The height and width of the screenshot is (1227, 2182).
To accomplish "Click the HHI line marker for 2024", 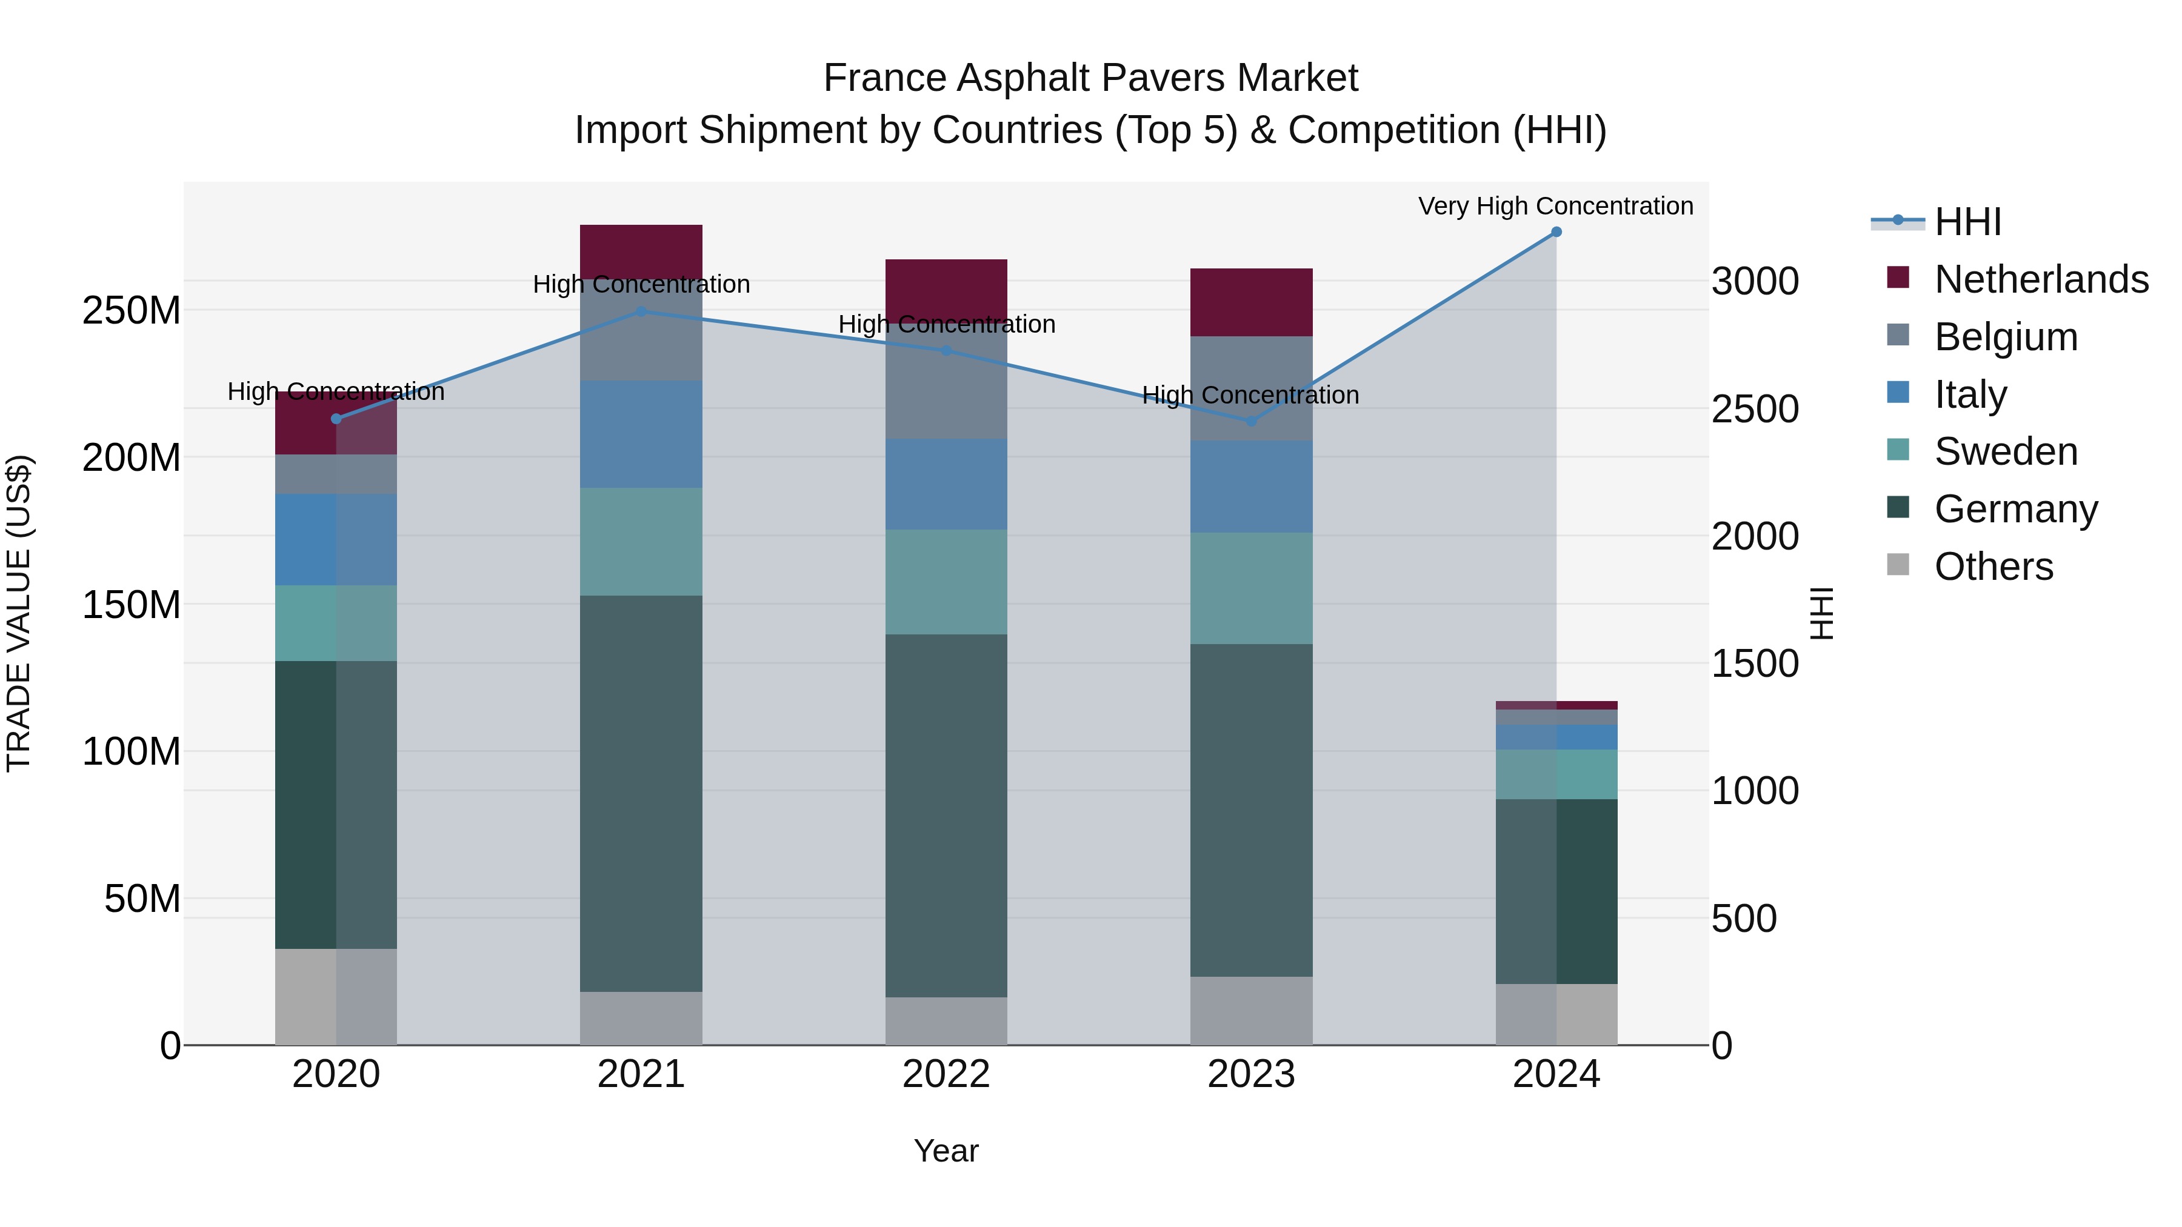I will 1556,232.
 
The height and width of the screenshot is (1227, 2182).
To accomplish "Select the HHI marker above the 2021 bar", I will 641,311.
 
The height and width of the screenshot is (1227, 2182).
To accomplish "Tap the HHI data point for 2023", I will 1251,421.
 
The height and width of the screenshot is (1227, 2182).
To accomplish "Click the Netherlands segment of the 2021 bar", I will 641,251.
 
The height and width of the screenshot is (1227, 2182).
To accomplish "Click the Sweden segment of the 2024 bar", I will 1556,774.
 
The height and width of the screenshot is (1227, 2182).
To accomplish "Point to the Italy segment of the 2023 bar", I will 1251,486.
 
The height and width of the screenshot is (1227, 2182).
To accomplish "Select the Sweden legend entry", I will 2005,451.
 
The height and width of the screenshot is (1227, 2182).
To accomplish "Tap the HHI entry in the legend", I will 1967,222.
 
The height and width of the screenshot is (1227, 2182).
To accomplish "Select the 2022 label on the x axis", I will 946,1074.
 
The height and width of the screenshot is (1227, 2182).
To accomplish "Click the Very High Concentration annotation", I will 1555,206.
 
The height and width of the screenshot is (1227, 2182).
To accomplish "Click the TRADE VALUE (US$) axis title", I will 19,613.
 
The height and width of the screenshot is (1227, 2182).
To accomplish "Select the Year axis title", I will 946,1151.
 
